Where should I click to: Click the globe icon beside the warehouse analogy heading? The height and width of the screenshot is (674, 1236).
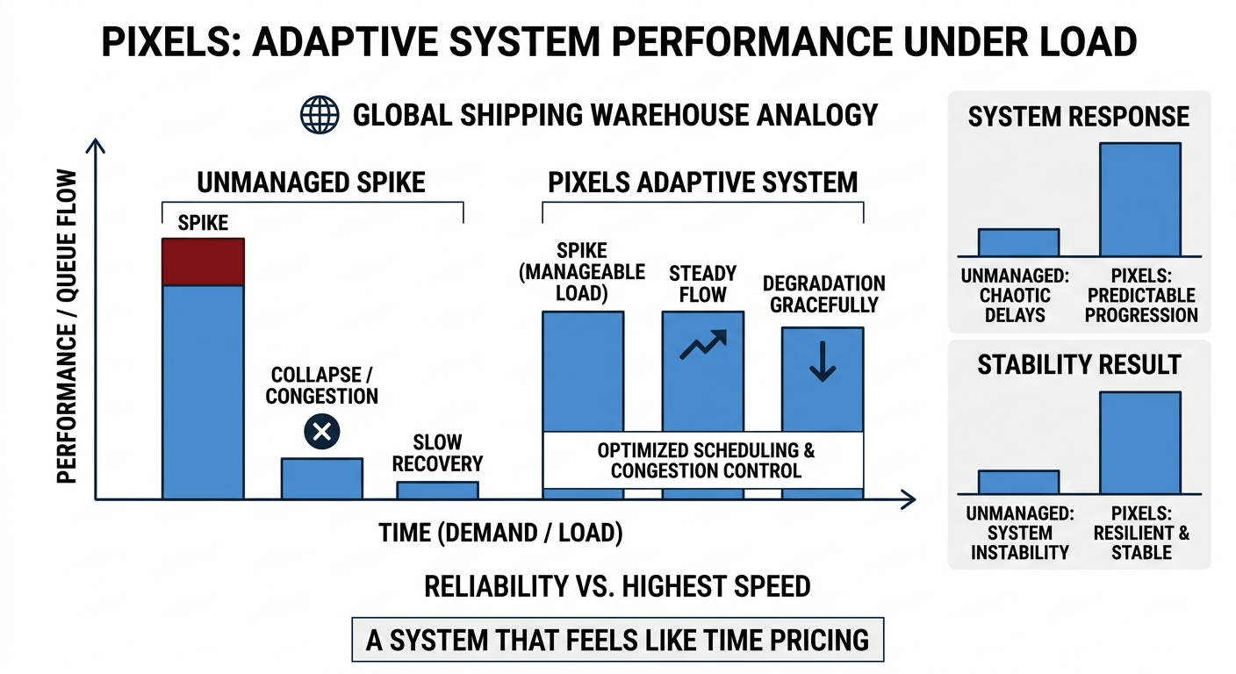click(x=320, y=115)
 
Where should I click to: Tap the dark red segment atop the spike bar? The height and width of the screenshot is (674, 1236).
click(x=204, y=262)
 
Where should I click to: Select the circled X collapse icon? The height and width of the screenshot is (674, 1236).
click(x=321, y=431)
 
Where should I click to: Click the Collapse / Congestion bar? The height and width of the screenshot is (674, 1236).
click(x=321, y=478)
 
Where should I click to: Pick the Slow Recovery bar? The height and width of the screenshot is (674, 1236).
click(x=437, y=490)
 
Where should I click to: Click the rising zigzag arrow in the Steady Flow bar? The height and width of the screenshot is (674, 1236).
click(x=702, y=345)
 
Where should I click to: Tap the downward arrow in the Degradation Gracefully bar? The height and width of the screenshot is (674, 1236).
click(x=822, y=362)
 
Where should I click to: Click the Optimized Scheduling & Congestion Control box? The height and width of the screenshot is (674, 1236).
click(x=704, y=460)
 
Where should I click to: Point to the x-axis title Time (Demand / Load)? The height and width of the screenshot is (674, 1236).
click(x=500, y=534)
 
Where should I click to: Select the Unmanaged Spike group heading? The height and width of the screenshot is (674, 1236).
click(x=311, y=182)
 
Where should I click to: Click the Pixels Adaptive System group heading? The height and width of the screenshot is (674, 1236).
click(x=702, y=182)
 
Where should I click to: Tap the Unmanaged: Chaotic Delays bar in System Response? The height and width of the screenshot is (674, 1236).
click(x=1018, y=242)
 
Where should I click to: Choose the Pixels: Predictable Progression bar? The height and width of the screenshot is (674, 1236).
click(x=1139, y=199)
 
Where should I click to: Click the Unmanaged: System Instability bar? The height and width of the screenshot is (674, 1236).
click(x=1018, y=482)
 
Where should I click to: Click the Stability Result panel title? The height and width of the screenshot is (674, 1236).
click(x=1079, y=364)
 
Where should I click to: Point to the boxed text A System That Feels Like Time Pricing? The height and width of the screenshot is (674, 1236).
click(x=617, y=640)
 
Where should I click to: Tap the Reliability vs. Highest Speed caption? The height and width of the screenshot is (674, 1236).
click(x=617, y=586)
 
